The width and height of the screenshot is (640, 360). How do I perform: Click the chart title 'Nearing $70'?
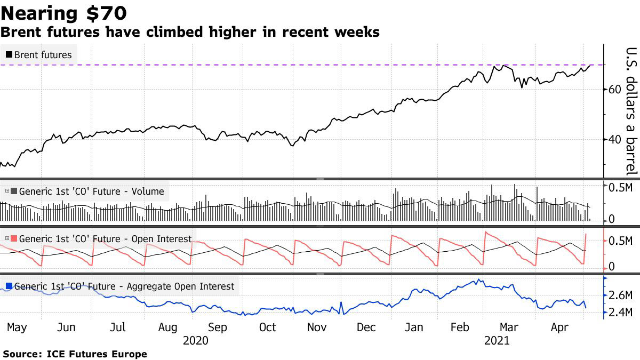click(65, 12)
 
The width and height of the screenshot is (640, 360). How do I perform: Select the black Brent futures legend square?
click(9, 54)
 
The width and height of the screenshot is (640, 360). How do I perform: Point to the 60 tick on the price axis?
click(615, 89)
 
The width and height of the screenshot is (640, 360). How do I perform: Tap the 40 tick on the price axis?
click(615, 139)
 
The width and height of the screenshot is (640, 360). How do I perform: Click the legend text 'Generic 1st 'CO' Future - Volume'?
click(91, 191)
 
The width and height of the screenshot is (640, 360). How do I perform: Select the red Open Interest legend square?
click(14, 238)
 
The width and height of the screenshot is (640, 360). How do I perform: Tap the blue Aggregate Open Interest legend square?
click(9, 286)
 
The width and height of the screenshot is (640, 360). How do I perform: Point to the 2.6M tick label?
click(621, 295)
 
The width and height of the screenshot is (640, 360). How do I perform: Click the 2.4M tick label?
click(621, 313)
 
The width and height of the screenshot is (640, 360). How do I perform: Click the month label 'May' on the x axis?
click(17, 327)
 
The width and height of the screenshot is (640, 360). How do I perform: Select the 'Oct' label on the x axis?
click(267, 327)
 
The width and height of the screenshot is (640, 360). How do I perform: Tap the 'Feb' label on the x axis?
click(460, 327)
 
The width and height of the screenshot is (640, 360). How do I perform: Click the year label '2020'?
click(196, 340)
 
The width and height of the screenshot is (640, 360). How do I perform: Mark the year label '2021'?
click(496, 340)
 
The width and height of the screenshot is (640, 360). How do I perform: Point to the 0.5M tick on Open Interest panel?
click(621, 241)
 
